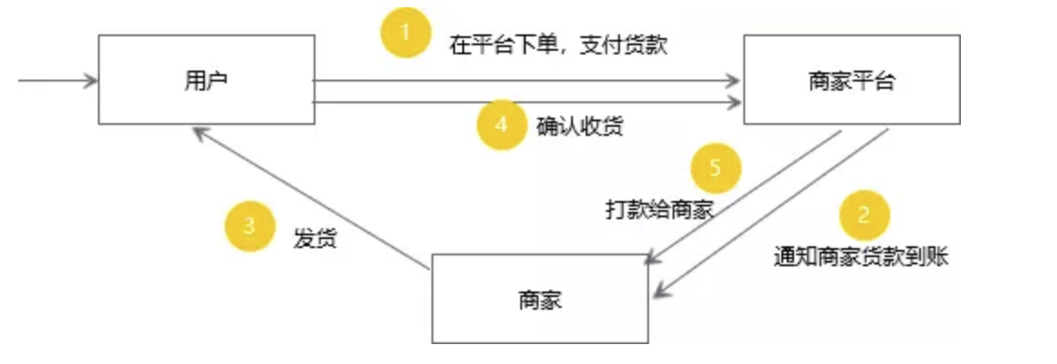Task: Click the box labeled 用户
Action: coord(206,80)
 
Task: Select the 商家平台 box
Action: coord(851,80)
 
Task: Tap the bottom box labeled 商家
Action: coord(539,299)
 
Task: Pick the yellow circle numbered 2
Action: coord(864,216)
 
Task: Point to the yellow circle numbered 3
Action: coord(249,227)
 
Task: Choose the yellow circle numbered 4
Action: coord(501,124)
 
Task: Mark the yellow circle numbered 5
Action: coord(715,169)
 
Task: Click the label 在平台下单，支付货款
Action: coord(558,44)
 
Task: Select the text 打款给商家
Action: coord(659,209)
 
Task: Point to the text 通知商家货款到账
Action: coord(860,256)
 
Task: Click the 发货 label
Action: coord(315,240)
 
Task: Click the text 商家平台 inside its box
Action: coord(851,81)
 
